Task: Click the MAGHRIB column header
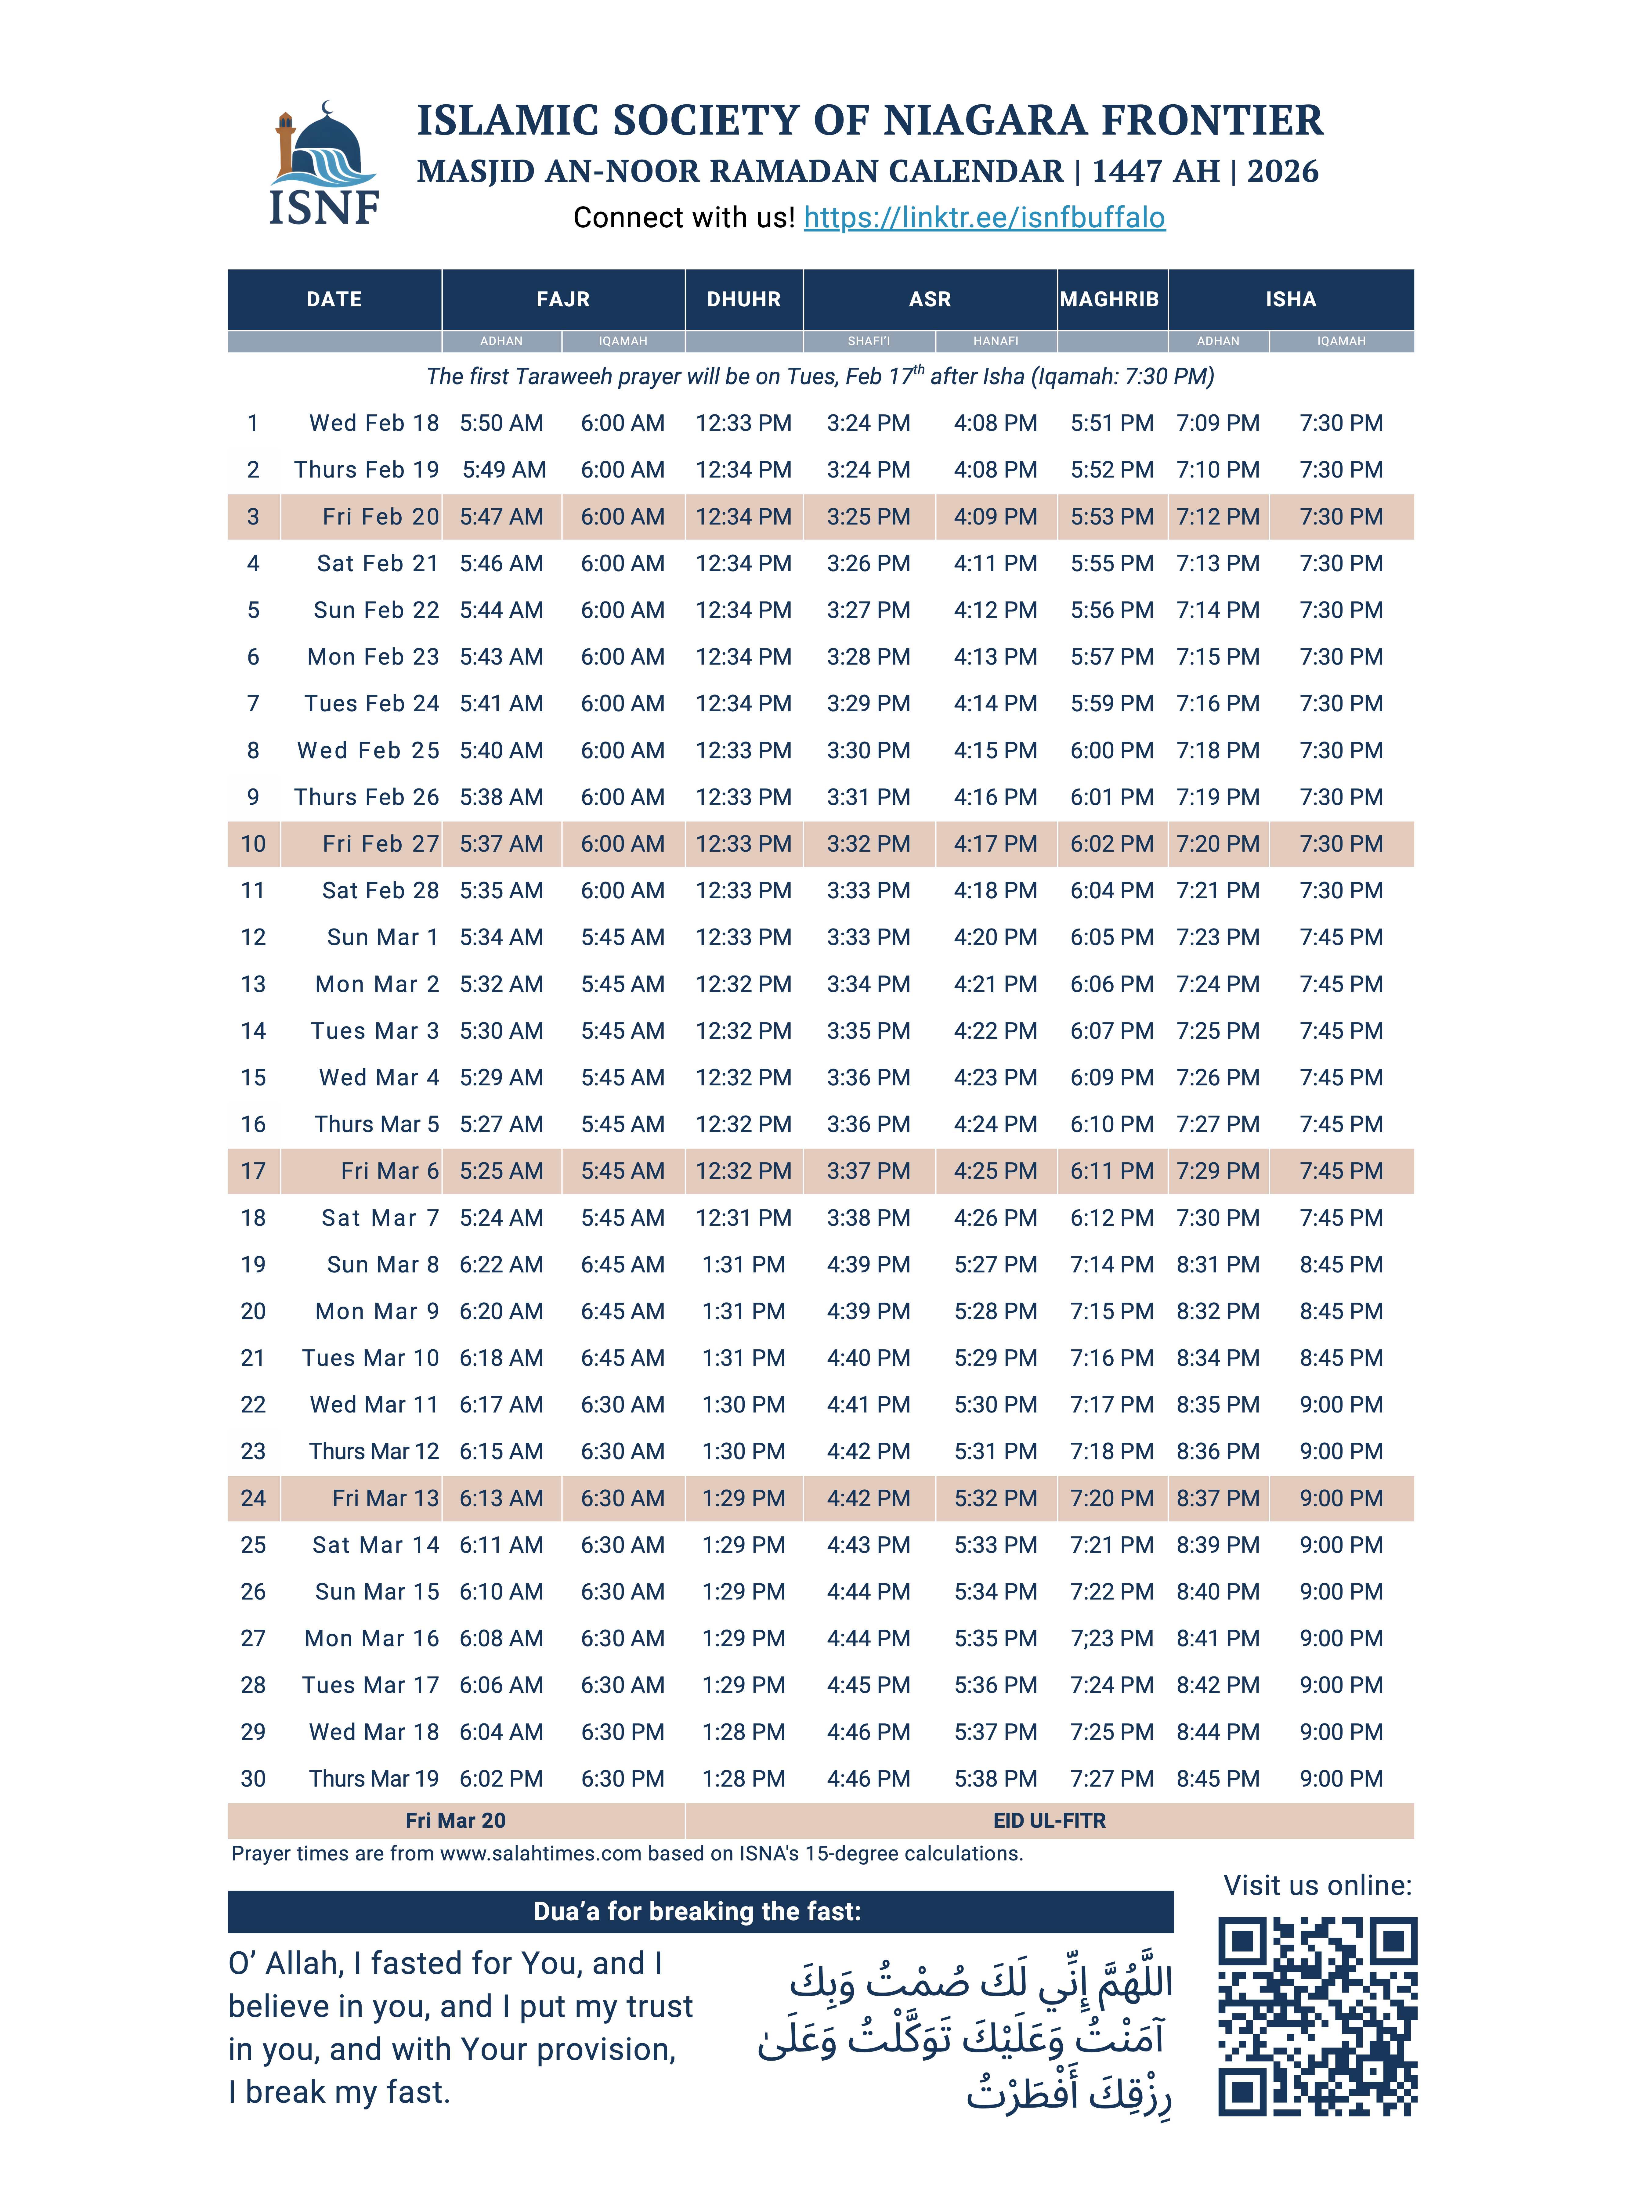pyautogui.click(x=1109, y=299)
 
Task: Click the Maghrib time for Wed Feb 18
pyautogui.click(x=1111, y=423)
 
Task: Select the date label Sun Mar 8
pyautogui.click(x=382, y=1264)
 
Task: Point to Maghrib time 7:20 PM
pyautogui.click(x=1111, y=1498)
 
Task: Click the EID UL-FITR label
pyautogui.click(x=1049, y=1820)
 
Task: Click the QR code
pyautogui.click(x=1317, y=2016)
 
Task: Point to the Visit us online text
pyautogui.click(x=1317, y=1885)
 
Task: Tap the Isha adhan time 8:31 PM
pyautogui.click(x=1218, y=1264)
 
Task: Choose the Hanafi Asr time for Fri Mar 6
pyautogui.click(x=995, y=1171)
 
